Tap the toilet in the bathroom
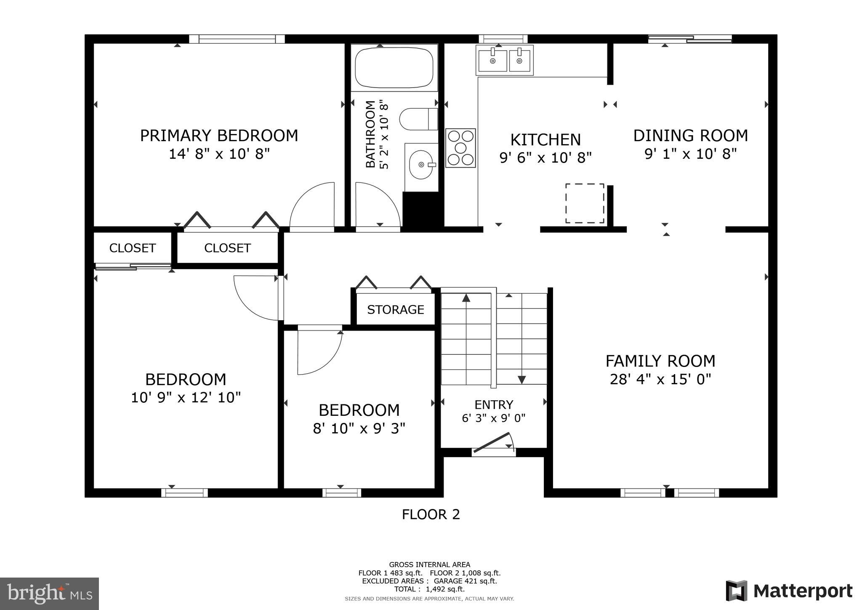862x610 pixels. [x=418, y=119]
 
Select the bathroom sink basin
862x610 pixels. [x=421, y=165]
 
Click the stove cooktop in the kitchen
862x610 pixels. [x=460, y=148]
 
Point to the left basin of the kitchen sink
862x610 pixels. [x=492, y=61]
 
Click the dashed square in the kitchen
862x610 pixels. [x=585, y=203]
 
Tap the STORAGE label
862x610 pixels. [x=395, y=310]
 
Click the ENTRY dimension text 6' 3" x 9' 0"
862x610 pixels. [x=493, y=418]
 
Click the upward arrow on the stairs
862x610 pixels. [x=466, y=298]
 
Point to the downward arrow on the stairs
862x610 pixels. [x=521, y=379]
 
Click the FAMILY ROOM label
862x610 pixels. [x=660, y=361]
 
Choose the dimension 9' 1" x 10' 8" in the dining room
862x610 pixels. [x=690, y=154]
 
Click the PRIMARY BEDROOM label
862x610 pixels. [x=219, y=136]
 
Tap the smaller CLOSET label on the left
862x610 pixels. [x=132, y=248]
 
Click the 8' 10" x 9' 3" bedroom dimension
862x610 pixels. [x=359, y=428]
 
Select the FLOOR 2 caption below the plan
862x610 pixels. [x=431, y=514]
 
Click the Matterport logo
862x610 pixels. [x=789, y=591]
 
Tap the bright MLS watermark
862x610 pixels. [x=50, y=594]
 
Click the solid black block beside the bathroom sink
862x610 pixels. [x=422, y=211]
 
